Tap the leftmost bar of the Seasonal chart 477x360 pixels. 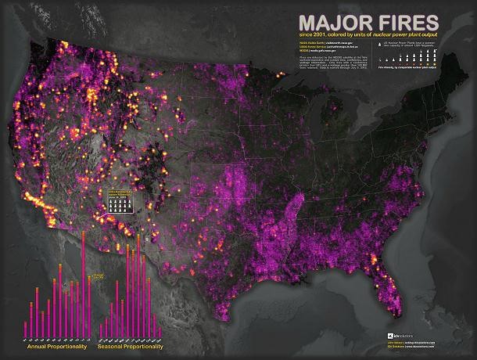coord(102,329)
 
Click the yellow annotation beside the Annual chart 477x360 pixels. coord(99,275)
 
